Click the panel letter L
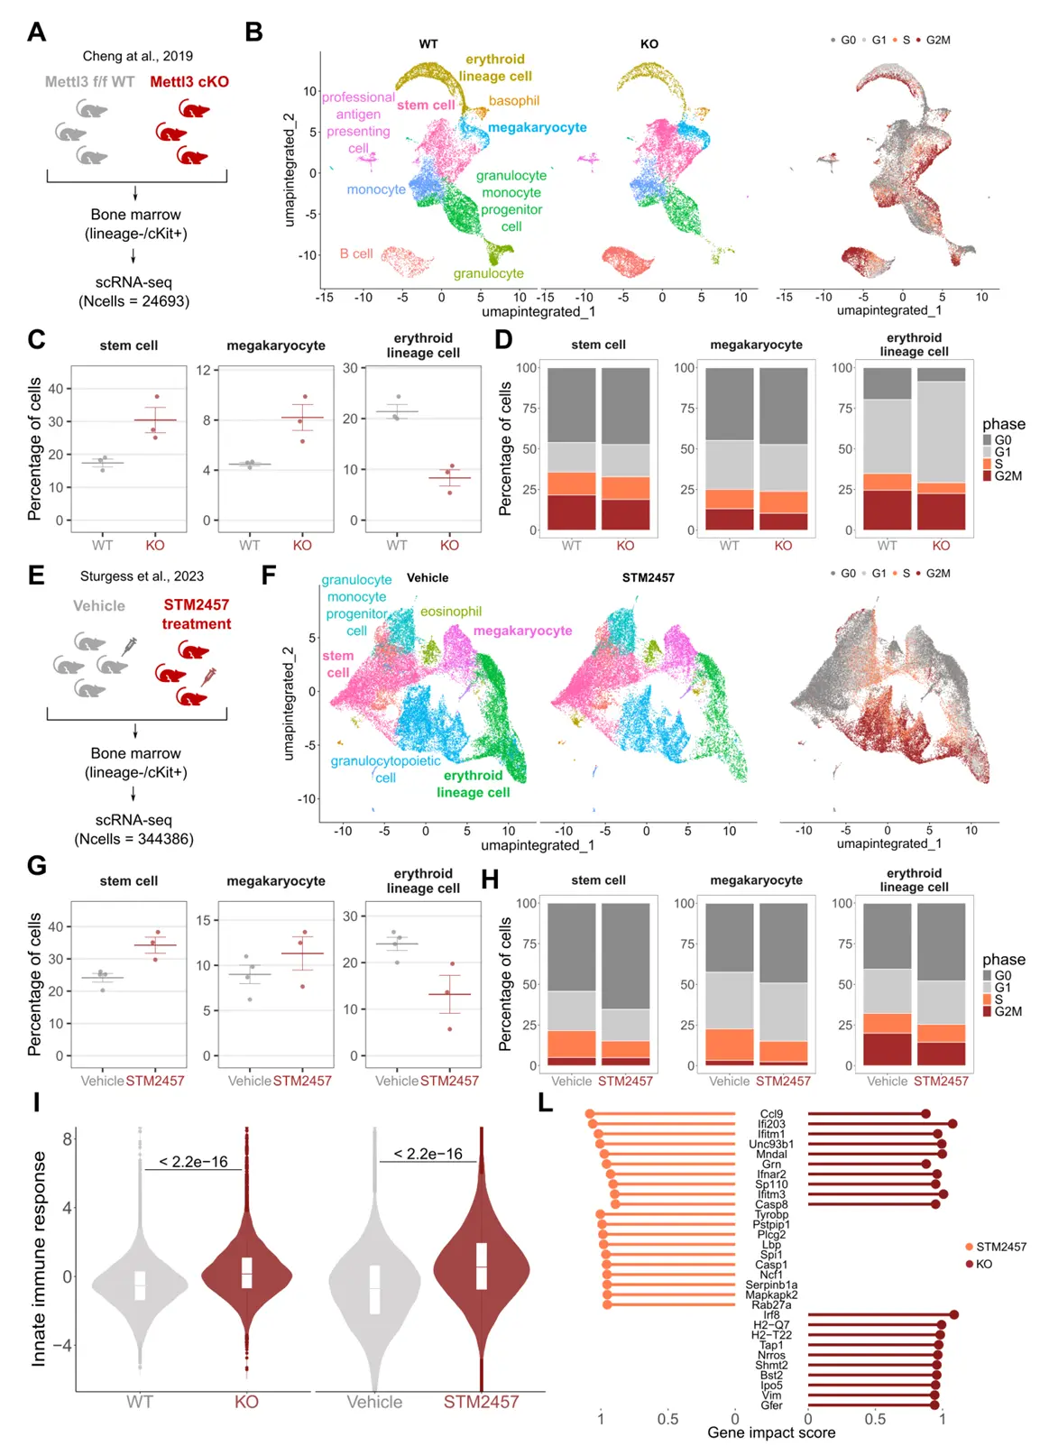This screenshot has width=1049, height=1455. click(x=545, y=1102)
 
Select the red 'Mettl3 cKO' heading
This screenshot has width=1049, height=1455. click(x=189, y=81)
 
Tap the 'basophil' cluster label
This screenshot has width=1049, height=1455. click(x=514, y=100)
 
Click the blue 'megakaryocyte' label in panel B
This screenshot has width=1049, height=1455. click(x=538, y=127)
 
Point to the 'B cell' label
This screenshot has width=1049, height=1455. click(x=355, y=253)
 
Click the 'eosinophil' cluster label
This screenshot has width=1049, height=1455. click(x=451, y=611)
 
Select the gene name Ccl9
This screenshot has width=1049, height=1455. click(x=771, y=1114)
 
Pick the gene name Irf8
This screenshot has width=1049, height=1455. click(x=771, y=1315)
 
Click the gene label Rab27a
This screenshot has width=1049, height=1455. click(x=771, y=1304)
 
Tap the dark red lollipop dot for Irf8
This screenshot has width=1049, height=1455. click(x=953, y=1315)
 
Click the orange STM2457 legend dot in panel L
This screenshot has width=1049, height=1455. click(x=969, y=1247)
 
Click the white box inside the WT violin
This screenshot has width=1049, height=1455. click(x=140, y=1285)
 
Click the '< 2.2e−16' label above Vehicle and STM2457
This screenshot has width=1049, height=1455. click(x=428, y=1154)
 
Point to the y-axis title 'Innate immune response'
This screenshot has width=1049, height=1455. click(x=39, y=1257)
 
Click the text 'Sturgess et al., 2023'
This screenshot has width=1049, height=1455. click(x=142, y=576)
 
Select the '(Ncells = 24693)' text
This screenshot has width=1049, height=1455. click(x=133, y=300)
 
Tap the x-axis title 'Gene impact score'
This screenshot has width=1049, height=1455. click(x=771, y=1432)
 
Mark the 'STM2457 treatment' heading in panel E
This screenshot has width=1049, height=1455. click(x=196, y=613)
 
